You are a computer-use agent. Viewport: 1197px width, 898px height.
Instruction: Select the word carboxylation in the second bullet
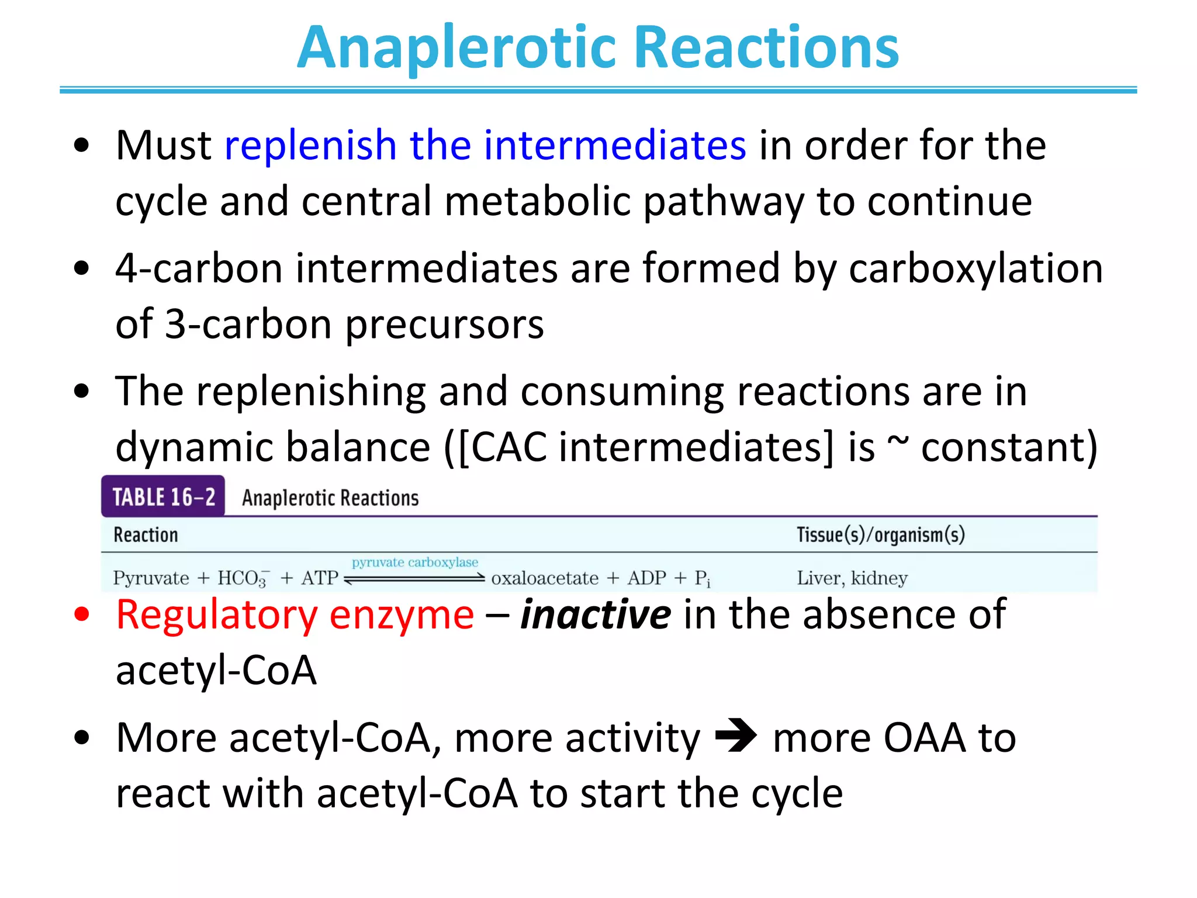coord(975,268)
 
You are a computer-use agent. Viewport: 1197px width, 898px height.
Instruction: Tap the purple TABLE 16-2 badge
coord(163,497)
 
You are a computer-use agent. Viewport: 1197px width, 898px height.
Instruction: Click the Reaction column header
coord(146,535)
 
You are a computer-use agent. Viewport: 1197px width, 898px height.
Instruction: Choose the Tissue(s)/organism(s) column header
coord(880,535)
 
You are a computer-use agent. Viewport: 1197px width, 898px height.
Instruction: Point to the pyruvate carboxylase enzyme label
coord(414,562)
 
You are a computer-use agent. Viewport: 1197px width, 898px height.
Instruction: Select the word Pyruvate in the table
coord(151,578)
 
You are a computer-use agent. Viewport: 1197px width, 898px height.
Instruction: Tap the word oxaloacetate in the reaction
coord(544,578)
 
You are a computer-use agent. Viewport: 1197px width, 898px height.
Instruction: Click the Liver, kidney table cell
coord(852,578)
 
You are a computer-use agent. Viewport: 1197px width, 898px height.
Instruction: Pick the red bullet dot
coord(82,614)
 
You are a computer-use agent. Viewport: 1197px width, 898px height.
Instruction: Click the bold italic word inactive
coord(596,614)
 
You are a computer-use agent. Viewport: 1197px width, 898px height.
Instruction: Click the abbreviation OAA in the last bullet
coord(924,737)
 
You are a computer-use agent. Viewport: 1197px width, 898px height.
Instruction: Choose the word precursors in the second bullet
coord(444,324)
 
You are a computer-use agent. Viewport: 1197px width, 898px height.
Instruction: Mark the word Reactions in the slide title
coord(766,48)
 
